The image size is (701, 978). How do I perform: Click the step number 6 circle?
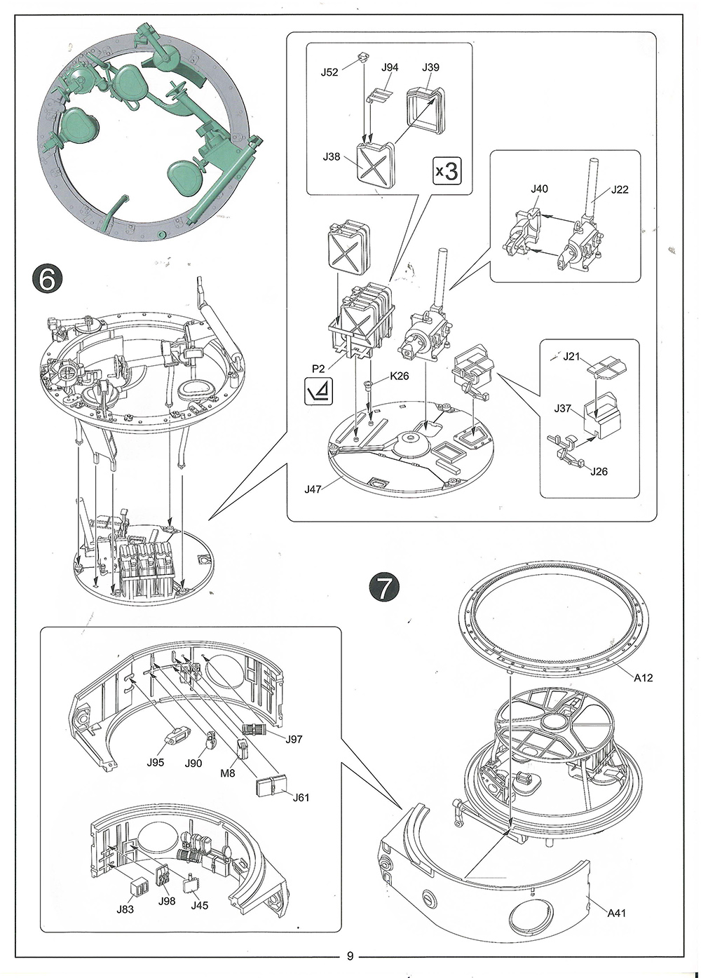[x=48, y=280]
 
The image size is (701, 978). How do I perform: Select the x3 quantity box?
[x=446, y=170]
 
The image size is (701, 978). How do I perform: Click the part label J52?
[x=329, y=72]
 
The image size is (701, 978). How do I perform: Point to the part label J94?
[x=390, y=67]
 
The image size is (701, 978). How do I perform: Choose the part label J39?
[x=430, y=67]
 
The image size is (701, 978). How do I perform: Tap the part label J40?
[x=539, y=189]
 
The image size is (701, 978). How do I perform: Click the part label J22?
[x=620, y=189]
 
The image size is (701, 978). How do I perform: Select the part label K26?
[x=400, y=376]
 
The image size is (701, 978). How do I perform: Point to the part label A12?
[x=643, y=677]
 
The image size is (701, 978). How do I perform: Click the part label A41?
[x=617, y=913]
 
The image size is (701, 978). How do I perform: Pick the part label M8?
[x=228, y=774]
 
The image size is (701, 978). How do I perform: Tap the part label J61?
[x=301, y=797]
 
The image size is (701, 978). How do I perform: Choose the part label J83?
[x=125, y=909]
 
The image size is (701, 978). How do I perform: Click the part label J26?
[x=599, y=471]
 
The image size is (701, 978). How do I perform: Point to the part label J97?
[x=294, y=739]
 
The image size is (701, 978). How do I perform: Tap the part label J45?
[x=200, y=905]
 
